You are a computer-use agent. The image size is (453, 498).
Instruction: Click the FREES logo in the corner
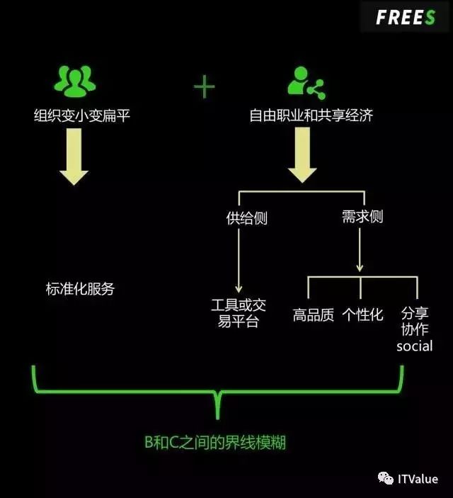(405, 18)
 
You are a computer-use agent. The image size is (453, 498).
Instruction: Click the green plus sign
(204, 88)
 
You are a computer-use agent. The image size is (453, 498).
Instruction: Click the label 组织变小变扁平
(82, 115)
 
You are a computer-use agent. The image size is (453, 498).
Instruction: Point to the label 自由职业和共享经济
(311, 115)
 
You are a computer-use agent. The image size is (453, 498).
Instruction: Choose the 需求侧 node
(362, 217)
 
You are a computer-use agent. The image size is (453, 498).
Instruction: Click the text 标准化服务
(79, 289)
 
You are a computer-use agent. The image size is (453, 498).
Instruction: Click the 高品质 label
(314, 315)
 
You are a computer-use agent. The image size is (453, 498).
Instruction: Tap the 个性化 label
(362, 315)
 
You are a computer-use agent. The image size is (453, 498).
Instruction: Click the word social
(414, 346)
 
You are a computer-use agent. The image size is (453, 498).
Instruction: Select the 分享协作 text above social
(414, 322)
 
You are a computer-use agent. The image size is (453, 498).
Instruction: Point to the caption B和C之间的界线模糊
(215, 443)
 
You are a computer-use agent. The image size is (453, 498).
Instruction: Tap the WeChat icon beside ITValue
(386, 480)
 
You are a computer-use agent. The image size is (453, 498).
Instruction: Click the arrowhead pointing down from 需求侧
(360, 268)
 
